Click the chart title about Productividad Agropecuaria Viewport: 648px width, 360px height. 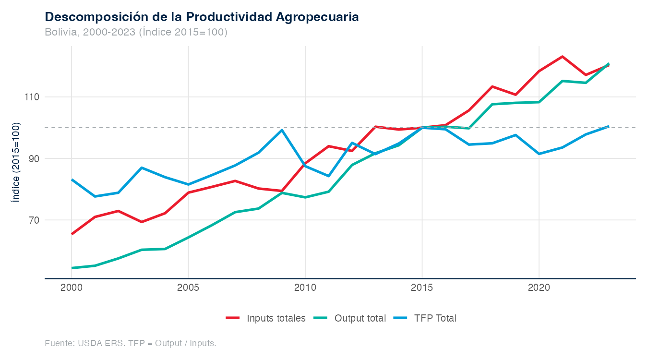202,17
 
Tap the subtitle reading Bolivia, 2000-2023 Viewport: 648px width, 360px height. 136,32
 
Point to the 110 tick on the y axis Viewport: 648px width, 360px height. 31,97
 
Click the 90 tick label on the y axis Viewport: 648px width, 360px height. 33,159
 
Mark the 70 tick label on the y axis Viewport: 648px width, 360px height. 33,220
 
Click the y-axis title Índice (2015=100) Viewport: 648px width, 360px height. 16,162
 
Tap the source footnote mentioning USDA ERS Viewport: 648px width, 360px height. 131,343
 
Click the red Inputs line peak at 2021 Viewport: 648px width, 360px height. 562,57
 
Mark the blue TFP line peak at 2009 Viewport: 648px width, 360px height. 282,130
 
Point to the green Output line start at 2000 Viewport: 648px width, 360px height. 72,268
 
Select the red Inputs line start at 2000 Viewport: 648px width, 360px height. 72,234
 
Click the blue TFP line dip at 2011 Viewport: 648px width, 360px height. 328,176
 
